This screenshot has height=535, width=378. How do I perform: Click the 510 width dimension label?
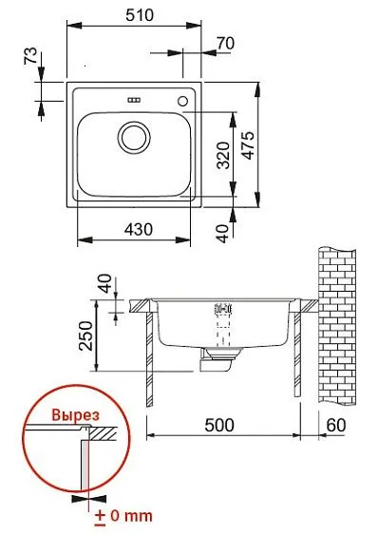coord(140,15)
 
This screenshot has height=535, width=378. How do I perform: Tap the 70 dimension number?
coord(225,44)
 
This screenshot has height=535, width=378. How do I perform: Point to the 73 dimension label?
coord(30,56)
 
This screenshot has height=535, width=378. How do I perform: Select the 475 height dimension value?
coord(249,145)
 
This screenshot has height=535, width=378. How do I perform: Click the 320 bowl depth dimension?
coord(224,156)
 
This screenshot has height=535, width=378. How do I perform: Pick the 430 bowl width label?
coord(138,230)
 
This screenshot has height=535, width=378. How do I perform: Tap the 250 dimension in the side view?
coord(85,335)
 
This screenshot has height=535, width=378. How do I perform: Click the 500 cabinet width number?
coord(219,425)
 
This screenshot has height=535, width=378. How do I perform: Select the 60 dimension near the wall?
coord(336,425)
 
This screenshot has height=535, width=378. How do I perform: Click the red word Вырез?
coord(76,415)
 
